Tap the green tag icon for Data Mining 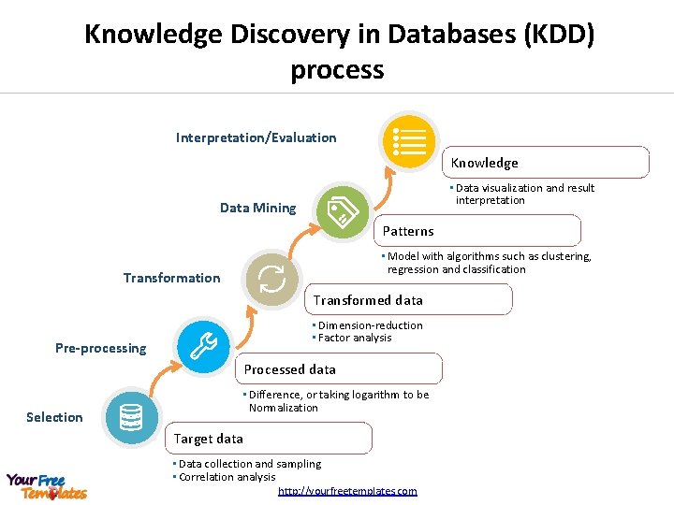(343, 211)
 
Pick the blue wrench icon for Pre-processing (202, 347)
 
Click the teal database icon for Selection (131, 417)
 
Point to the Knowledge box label (484, 163)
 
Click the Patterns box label (408, 231)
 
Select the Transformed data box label (368, 300)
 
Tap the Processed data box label (290, 369)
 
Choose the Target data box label (209, 439)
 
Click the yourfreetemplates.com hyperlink (347, 491)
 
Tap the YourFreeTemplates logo (47, 486)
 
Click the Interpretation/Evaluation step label (256, 137)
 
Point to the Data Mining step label (257, 208)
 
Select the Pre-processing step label (100, 348)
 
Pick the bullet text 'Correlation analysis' (227, 477)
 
